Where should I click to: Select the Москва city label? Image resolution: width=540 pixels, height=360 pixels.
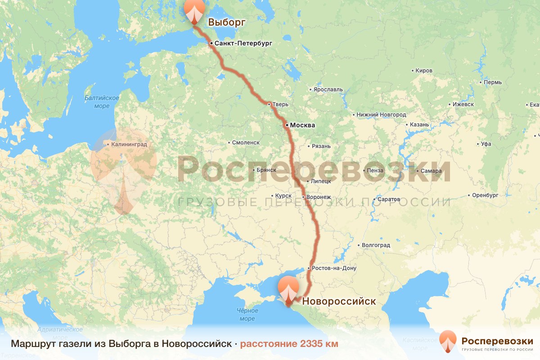point(302,125)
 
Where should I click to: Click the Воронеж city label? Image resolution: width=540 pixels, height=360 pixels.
point(319,197)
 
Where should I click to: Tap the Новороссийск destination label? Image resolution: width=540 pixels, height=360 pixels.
point(339,301)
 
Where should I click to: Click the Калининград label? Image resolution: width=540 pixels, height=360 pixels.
point(129,145)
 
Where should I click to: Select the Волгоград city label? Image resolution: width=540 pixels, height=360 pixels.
point(376,245)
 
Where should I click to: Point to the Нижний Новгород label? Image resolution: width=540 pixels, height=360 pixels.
point(382,115)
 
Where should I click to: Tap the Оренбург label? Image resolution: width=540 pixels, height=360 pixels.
point(486,195)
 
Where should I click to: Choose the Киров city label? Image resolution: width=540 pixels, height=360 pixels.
point(424,71)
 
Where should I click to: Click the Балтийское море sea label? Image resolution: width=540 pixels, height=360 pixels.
point(102,102)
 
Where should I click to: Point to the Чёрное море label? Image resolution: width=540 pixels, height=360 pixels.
point(247,315)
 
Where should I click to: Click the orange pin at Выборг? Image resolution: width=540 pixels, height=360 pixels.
point(194,10)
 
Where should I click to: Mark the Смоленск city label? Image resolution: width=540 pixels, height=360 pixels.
point(246,143)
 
